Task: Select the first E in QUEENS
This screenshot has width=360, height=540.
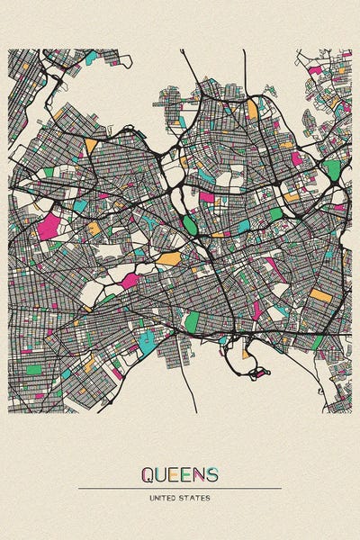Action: [175, 473]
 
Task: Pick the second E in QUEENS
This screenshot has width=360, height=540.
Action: [186, 473]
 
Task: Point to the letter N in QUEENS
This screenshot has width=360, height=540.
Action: [199, 473]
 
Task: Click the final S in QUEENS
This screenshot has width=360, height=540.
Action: [212, 473]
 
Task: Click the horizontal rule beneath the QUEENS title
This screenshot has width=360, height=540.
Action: [180, 488]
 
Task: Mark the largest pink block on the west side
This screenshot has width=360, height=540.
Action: [49, 225]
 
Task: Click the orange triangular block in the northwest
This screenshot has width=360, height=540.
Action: [91, 145]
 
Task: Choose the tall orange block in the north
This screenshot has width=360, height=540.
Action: [252, 110]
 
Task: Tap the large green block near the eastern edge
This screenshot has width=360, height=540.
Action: [333, 169]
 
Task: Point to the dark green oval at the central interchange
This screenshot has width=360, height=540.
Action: [190, 224]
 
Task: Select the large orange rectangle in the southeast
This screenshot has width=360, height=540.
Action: [320, 294]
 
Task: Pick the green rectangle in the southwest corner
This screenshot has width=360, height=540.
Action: [34, 369]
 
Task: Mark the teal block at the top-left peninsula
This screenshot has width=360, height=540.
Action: [91, 58]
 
